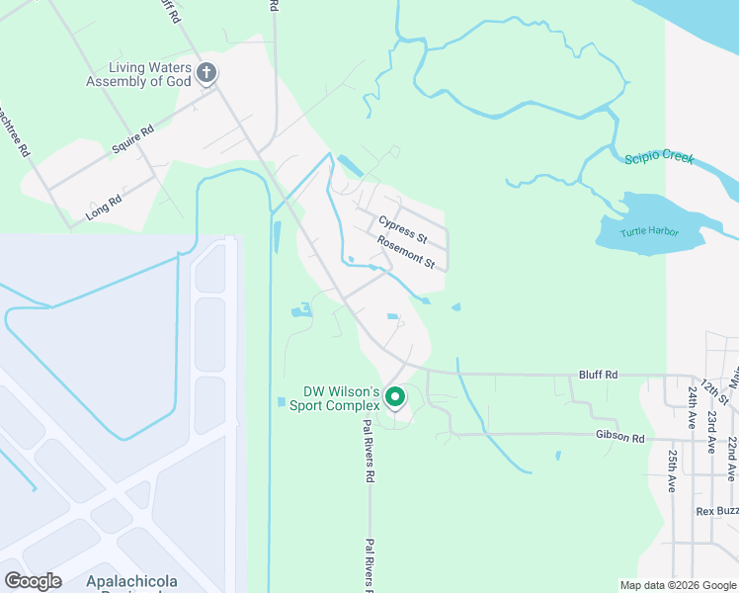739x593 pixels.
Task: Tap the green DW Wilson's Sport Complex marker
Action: pos(395,398)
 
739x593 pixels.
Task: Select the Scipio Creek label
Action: pos(659,158)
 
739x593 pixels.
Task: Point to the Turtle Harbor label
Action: pos(649,232)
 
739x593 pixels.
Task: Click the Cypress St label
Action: pos(402,229)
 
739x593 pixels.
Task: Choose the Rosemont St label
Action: pos(407,252)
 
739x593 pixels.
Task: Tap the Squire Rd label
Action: pos(133,138)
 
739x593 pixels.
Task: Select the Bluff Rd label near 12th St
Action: pos(598,375)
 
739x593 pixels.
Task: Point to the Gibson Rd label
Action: pos(619,437)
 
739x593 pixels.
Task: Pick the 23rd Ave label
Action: pos(711,431)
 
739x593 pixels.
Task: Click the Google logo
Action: pos(32,581)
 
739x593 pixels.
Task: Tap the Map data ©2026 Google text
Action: pos(677,585)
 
